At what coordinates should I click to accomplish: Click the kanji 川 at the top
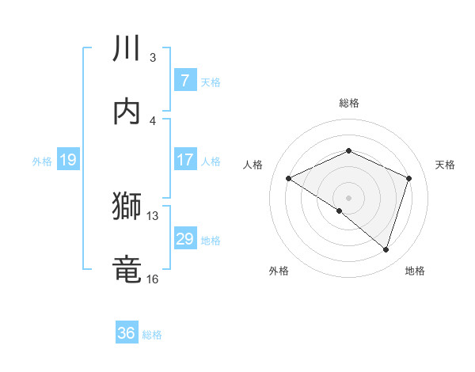(x=127, y=49)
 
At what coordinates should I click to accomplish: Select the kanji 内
(x=127, y=112)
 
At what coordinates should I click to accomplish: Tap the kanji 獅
(x=127, y=207)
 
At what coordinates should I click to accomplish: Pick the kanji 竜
(x=127, y=268)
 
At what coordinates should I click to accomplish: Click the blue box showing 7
(x=184, y=80)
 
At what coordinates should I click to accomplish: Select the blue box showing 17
(x=184, y=160)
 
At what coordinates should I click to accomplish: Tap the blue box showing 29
(x=184, y=239)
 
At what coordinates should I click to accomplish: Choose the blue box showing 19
(x=67, y=160)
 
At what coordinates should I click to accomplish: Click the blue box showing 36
(x=127, y=333)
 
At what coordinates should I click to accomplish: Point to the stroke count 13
(x=152, y=215)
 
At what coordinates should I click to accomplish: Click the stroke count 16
(x=152, y=279)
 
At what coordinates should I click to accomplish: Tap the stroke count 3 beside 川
(x=153, y=58)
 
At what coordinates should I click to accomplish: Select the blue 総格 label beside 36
(x=152, y=335)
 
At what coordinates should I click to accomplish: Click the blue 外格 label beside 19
(x=42, y=161)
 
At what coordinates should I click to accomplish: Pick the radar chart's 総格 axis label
(x=349, y=103)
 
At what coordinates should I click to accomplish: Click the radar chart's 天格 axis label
(x=445, y=165)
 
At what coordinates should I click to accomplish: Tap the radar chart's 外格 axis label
(x=279, y=271)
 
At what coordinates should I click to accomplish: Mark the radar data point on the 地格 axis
(x=386, y=250)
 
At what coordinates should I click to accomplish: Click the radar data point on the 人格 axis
(x=289, y=179)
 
